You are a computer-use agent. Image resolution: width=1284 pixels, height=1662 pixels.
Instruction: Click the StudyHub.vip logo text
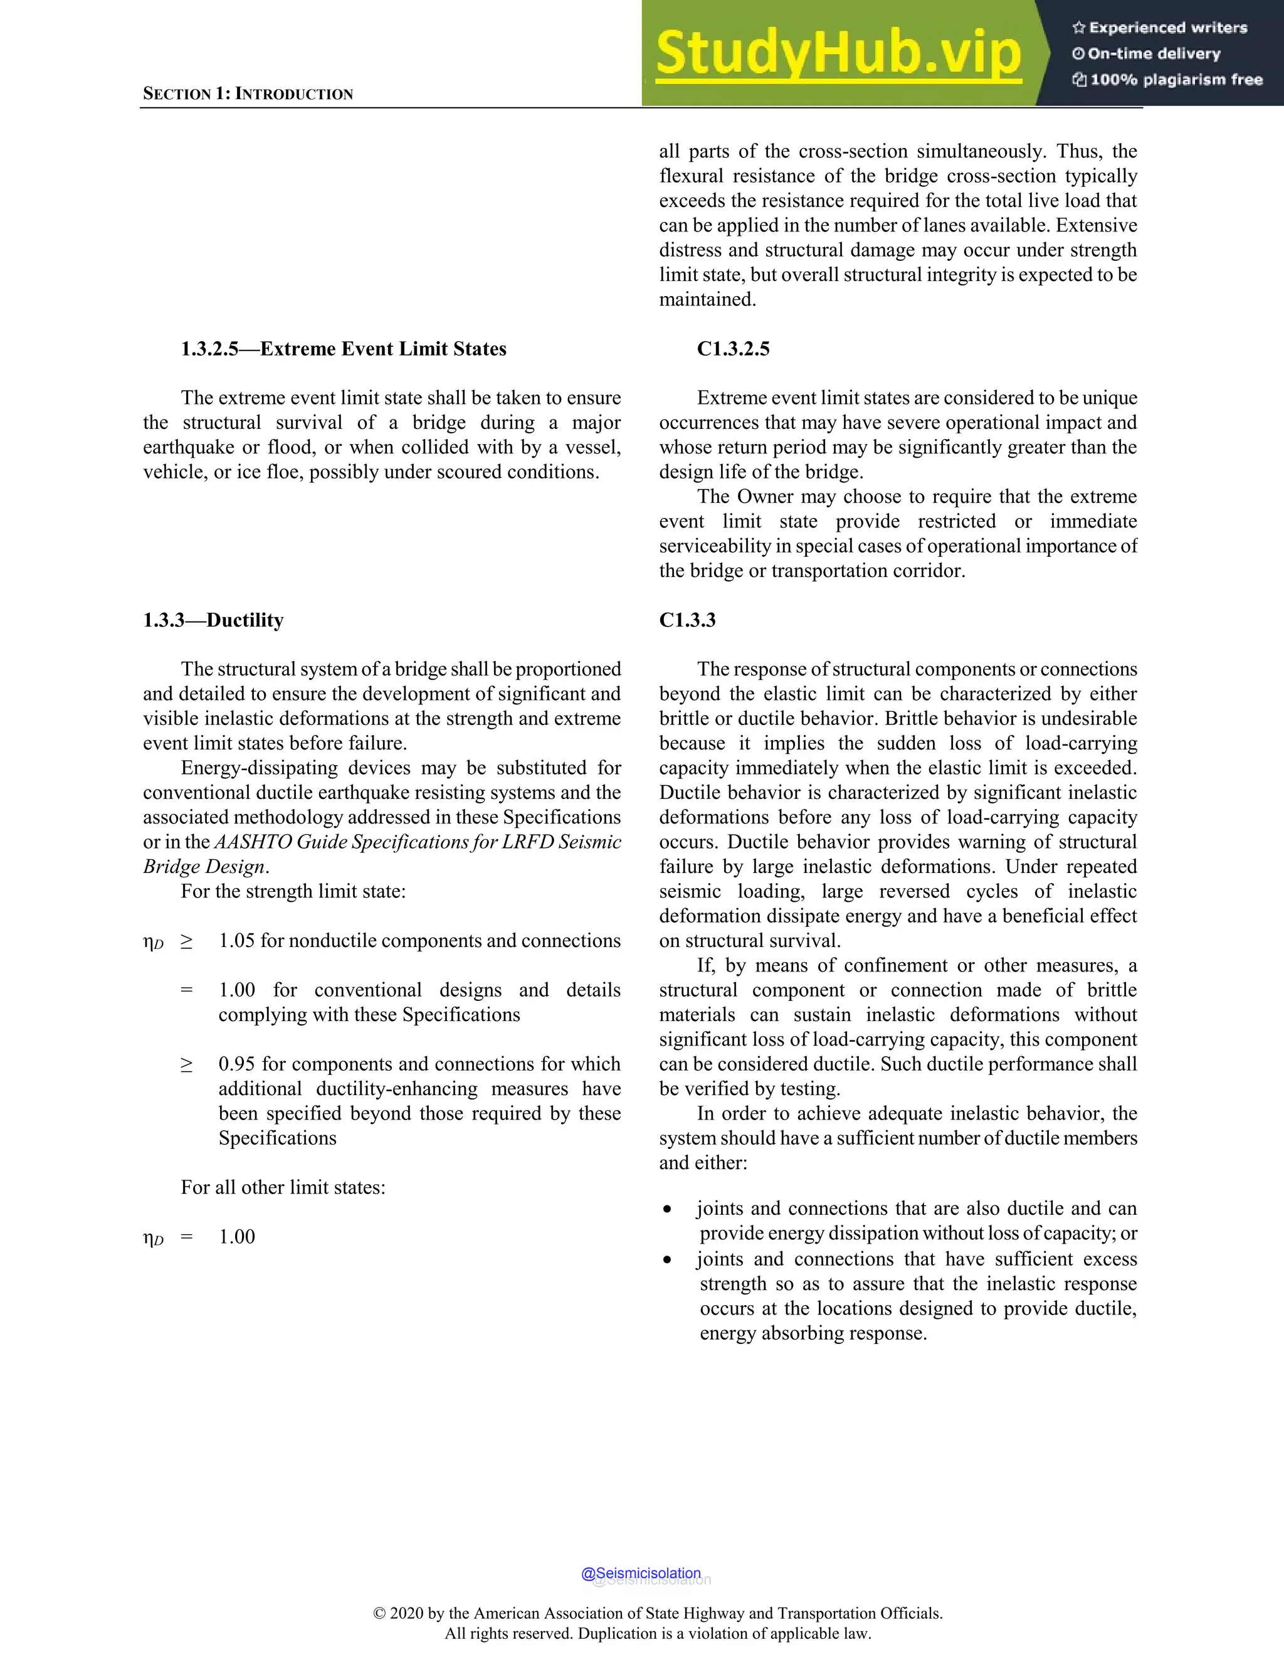(x=838, y=53)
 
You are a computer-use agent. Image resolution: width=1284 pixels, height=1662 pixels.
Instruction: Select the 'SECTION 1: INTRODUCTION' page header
(x=248, y=94)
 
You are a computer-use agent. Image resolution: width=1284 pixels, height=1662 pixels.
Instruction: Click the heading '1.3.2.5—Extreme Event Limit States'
(x=343, y=349)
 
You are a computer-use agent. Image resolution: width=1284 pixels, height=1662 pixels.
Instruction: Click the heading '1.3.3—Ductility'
(x=213, y=620)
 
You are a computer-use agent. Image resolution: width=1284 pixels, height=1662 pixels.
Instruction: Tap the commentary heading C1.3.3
(x=687, y=620)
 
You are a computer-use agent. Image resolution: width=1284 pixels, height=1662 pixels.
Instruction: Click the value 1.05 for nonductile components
(x=236, y=941)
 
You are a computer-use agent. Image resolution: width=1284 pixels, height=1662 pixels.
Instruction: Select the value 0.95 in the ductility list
(x=236, y=1064)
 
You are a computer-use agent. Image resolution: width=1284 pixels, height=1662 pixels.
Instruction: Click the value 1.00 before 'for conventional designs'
(x=236, y=990)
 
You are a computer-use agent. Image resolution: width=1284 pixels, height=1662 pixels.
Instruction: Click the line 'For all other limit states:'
(x=283, y=1187)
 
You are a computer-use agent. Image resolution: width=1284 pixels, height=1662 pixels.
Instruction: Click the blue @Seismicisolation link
(x=641, y=1573)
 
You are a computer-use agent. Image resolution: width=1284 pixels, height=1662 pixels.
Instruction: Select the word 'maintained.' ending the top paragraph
(x=707, y=300)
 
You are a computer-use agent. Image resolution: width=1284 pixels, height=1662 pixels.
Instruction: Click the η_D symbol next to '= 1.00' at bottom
(x=153, y=1238)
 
